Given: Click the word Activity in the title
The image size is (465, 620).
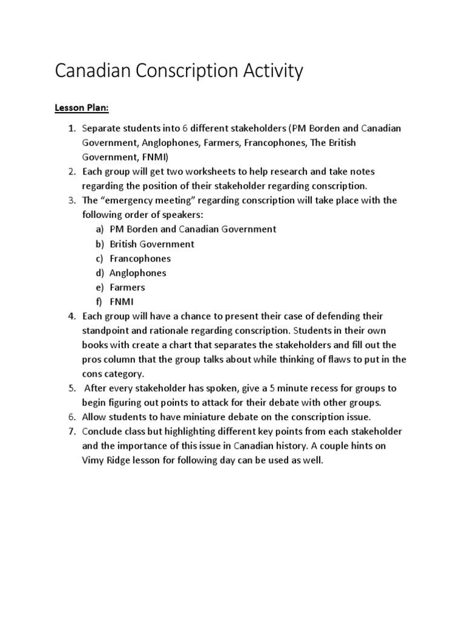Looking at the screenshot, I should [265, 71].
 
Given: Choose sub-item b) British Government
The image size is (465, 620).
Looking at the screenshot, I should [151, 244].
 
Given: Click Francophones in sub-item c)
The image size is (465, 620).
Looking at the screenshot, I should [140, 259].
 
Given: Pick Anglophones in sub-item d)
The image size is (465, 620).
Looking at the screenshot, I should [137, 273].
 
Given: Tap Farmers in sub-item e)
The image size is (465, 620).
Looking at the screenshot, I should [127, 288].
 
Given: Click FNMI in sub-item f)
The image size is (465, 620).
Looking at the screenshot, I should [121, 302].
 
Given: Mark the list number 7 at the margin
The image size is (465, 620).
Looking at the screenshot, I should [71, 432].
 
